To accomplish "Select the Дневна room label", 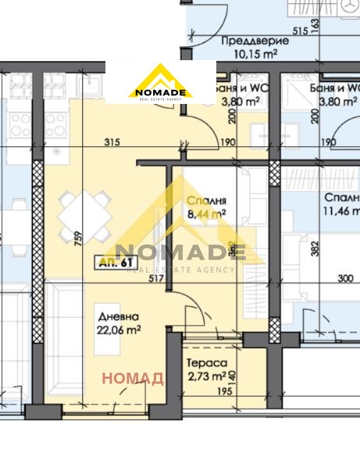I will click(119, 316).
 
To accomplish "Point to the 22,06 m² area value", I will click(119, 330).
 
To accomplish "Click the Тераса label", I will click(207, 363).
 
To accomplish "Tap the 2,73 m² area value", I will click(204, 377).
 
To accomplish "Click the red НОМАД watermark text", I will click(134, 379).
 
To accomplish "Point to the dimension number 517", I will click(155, 277).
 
